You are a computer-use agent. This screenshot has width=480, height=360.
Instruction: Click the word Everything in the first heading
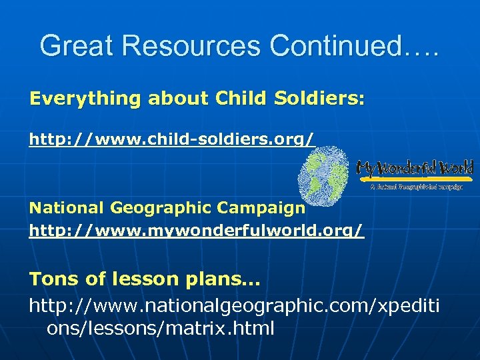coord(85,99)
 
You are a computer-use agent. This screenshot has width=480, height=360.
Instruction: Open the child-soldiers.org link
coord(171,139)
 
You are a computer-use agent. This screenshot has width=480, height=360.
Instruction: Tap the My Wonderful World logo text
coord(415,168)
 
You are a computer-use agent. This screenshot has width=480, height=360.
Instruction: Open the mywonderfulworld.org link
coord(197,231)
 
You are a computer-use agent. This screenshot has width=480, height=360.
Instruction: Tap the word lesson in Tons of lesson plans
coord(141,279)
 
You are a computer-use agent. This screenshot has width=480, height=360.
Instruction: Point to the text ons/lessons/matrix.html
coord(160,329)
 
